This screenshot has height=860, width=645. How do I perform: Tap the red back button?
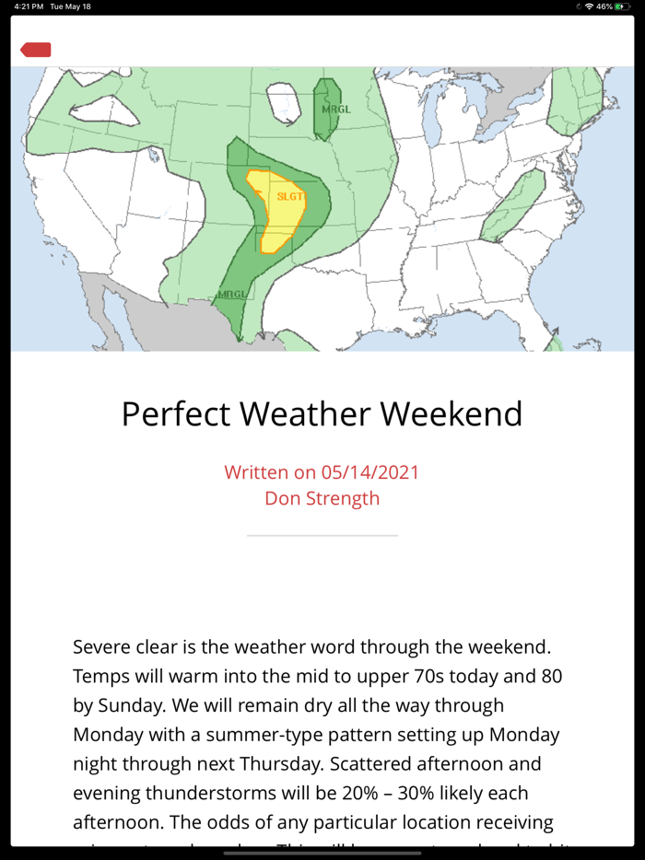(36, 50)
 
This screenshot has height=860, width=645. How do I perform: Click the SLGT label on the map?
(289, 196)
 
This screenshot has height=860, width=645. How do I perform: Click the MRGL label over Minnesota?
(334, 110)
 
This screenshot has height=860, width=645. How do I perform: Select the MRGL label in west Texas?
(232, 295)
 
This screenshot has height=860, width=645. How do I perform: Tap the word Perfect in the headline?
(177, 414)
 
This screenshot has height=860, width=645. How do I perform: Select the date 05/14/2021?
(370, 472)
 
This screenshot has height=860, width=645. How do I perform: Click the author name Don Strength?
(322, 498)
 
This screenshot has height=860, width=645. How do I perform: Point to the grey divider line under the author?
(322, 535)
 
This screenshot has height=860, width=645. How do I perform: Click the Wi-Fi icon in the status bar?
(589, 6)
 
